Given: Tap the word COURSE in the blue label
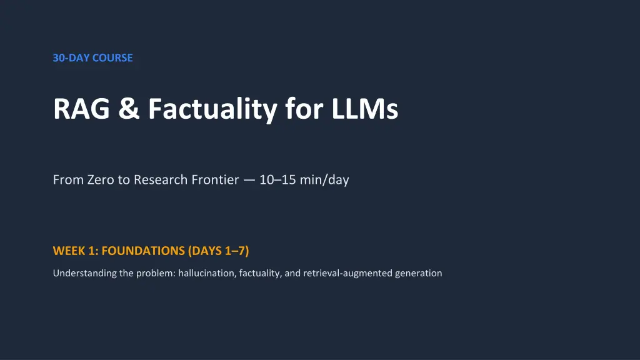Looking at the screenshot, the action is click(112, 58).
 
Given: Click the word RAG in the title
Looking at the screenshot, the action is click(82, 109).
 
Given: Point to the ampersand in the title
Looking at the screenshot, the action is click(129, 109).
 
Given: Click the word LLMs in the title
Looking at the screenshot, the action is click(364, 109).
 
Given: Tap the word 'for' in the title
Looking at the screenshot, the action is click(304, 109).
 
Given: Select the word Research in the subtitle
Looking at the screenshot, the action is click(161, 179).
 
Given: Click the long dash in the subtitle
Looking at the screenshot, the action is click(249, 180).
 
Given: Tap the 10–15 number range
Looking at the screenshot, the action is click(277, 179).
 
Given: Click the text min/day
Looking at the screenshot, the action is click(324, 180).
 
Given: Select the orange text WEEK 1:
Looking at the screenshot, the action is click(76, 251).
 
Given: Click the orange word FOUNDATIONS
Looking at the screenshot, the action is click(143, 251).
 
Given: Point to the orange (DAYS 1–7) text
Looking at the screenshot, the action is click(218, 251).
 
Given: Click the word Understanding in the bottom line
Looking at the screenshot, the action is click(85, 273).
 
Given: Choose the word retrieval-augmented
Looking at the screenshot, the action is click(347, 273).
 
